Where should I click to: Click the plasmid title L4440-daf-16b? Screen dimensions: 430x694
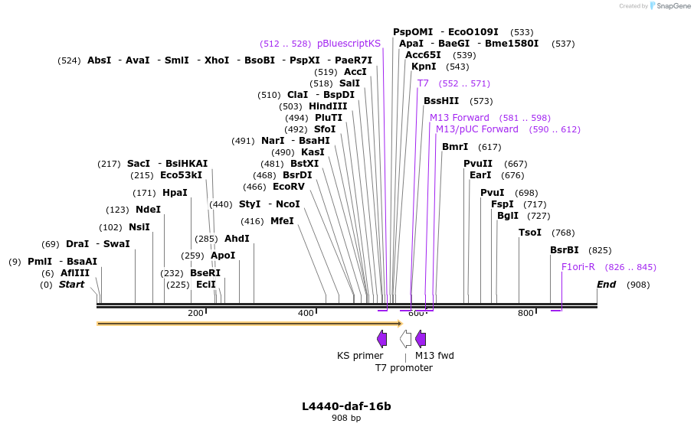click(x=346, y=406)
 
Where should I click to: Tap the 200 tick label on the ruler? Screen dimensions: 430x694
click(x=195, y=313)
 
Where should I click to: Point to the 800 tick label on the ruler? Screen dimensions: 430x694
click(x=525, y=313)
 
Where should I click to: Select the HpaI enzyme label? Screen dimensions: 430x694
click(x=175, y=193)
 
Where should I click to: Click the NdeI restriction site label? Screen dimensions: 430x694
click(x=148, y=210)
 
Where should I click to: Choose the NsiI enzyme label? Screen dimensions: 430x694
click(x=139, y=227)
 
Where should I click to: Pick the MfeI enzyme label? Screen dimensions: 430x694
click(x=282, y=221)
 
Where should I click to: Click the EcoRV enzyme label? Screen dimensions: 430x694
click(x=289, y=187)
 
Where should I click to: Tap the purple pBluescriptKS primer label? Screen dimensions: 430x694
click(x=349, y=44)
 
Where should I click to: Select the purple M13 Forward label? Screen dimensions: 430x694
click(x=459, y=118)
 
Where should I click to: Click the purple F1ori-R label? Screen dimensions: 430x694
click(x=578, y=267)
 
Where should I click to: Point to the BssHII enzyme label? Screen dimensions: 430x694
click(x=441, y=101)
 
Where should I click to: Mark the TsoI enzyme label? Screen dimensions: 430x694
click(x=530, y=233)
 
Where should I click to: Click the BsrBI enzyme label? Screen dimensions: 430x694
click(x=565, y=250)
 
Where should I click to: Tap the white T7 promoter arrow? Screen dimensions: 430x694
click(x=405, y=339)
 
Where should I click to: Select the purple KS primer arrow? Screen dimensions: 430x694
click(x=381, y=339)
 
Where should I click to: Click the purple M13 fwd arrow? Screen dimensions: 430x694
click(x=421, y=339)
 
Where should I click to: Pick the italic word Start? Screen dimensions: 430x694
click(x=71, y=285)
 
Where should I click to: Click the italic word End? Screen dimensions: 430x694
click(x=607, y=285)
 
